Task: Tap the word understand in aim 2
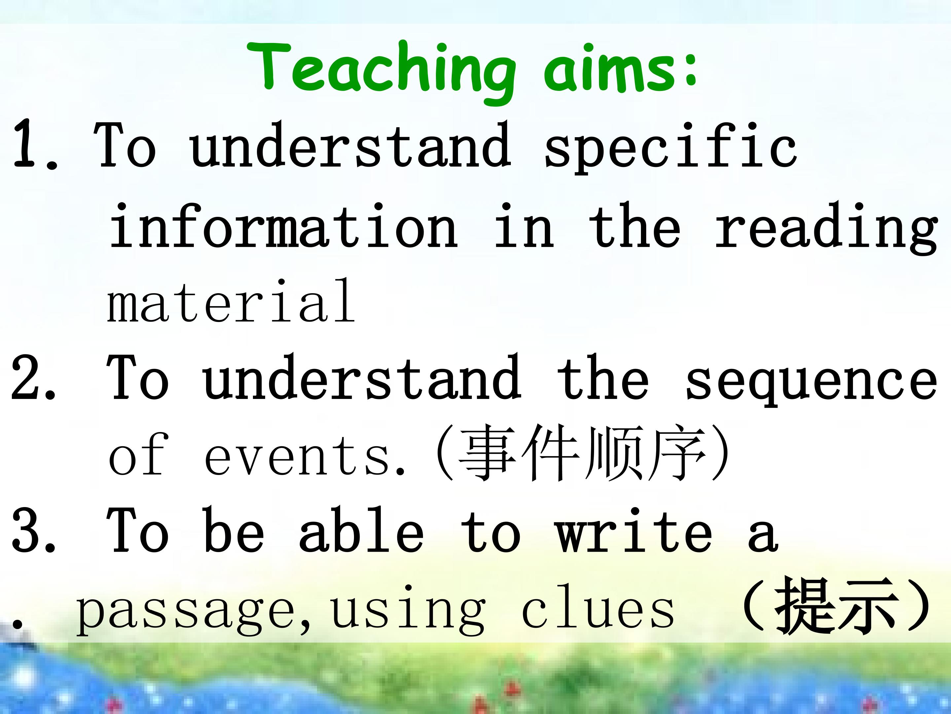(x=362, y=377)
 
